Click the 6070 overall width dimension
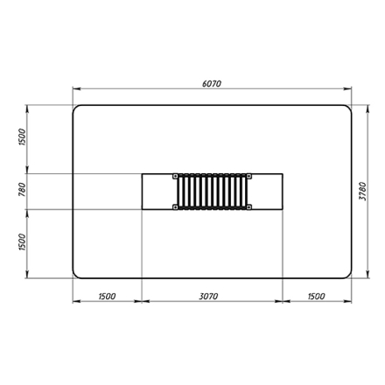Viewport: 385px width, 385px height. click(212, 84)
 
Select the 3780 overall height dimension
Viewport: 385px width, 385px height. click(362, 191)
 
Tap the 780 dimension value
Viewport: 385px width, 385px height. click(23, 189)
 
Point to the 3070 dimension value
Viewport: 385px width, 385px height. click(208, 297)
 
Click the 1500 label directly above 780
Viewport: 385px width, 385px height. click(23, 137)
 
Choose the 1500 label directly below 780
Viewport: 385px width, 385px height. click(23, 242)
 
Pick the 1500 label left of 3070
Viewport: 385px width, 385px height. click(107, 297)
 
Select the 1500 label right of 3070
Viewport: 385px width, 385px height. click(316, 297)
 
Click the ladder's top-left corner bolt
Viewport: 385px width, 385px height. click(175, 176)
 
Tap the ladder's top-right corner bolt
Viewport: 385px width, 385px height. click(249, 176)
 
